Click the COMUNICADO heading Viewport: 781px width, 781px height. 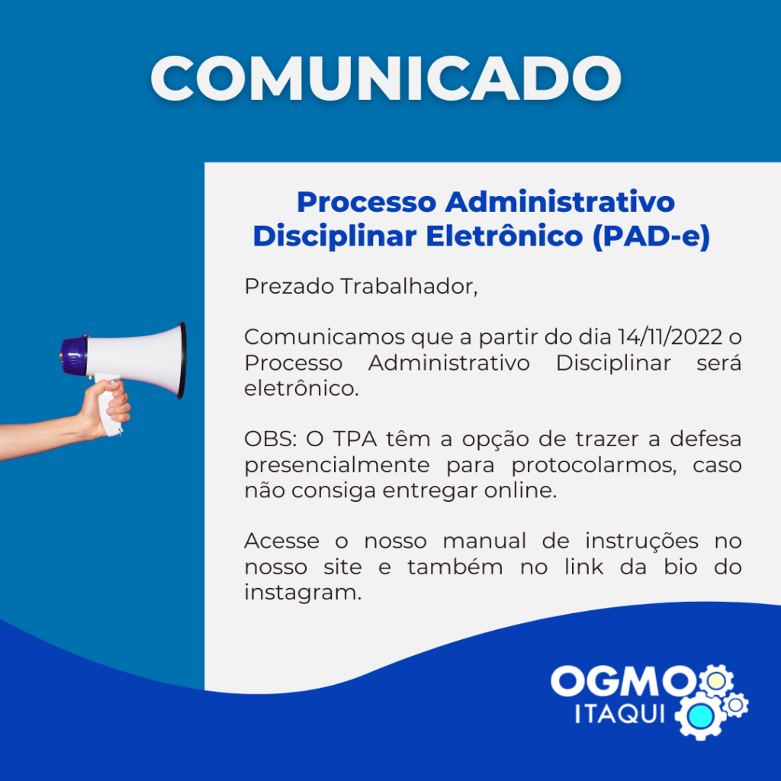pos(386,79)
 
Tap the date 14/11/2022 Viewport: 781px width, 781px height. pos(670,337)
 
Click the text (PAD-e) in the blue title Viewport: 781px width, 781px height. pos(651,236)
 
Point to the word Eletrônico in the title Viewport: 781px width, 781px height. pos(504,236)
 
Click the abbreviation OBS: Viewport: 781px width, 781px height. pos(271,439)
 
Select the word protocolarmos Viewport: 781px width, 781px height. pos(593,466)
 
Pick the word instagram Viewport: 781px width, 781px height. pos(303,593)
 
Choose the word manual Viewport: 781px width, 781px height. pos(484,541)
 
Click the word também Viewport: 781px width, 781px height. pos(455,567)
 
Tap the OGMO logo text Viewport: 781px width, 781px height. pos(623,681)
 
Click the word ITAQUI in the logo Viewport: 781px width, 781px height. pos(620,714)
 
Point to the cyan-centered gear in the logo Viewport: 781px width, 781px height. pos(700,715)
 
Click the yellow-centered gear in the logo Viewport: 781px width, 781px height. pos(716,681)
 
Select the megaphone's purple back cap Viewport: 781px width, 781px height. pos(74,355)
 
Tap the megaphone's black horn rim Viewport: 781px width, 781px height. pos(183,360)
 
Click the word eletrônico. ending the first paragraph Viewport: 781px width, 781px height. pos(301,388)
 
